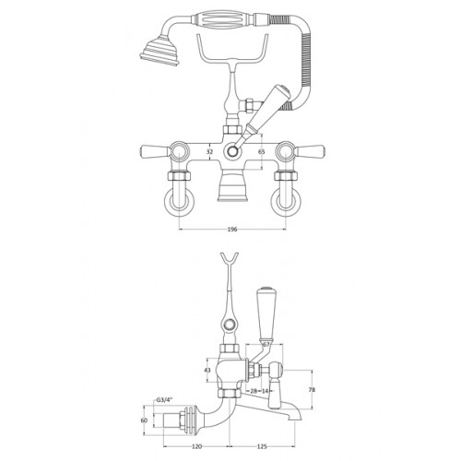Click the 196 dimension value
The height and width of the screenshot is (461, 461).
232,230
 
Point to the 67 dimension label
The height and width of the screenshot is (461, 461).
266,345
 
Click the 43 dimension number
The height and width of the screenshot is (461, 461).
207,371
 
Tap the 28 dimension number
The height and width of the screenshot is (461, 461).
254,391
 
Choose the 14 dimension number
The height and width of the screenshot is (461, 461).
265,391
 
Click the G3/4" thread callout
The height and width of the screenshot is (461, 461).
165,400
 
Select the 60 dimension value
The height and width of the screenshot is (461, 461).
144,420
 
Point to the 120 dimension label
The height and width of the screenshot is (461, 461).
196,446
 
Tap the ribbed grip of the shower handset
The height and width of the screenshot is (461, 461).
223,19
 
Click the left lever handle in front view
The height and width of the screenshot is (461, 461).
155,151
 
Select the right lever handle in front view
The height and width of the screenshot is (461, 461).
309,150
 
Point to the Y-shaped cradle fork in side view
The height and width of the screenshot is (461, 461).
230,261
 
